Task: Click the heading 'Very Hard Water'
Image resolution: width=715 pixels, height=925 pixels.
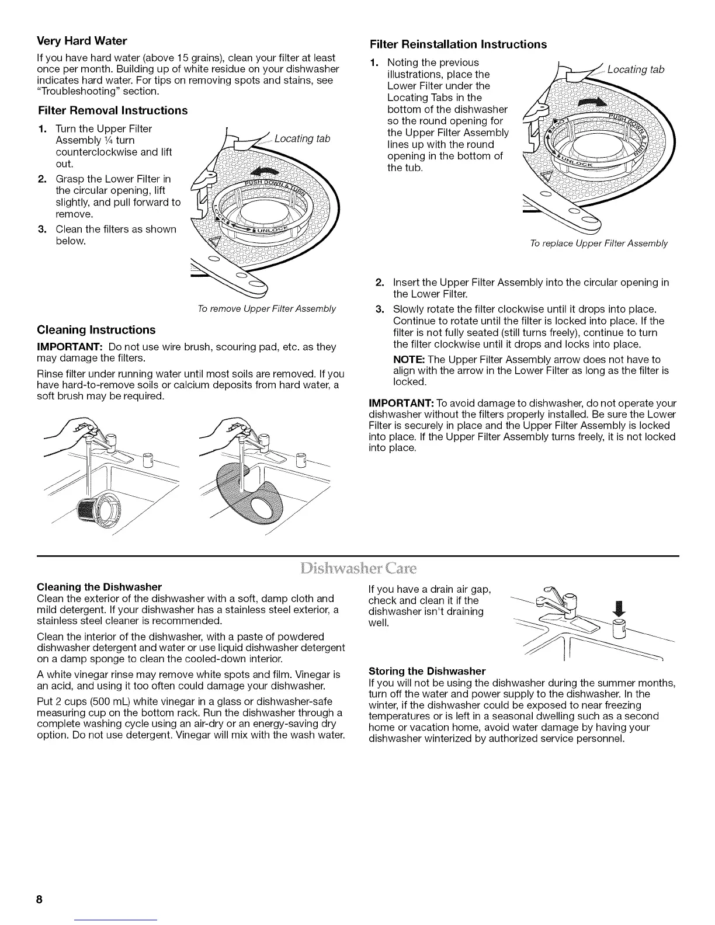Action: click(82, 41)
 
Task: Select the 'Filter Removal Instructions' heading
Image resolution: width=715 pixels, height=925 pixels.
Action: click(112, 110)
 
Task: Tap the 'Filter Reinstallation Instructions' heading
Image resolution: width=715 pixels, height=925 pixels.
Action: click(459, 44)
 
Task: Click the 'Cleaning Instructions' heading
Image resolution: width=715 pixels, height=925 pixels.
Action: click(96, 329)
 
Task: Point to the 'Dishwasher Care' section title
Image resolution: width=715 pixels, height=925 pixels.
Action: click(357, 569)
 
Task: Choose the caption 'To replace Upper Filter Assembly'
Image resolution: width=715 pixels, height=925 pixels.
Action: click(598, 244)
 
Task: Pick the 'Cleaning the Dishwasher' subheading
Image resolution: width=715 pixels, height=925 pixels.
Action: click(99, 586)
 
